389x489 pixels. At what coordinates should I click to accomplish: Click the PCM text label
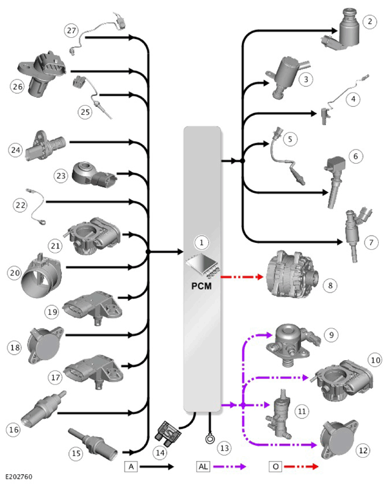pyautogui.click(x=202, y=286)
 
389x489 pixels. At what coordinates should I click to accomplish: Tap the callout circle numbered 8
pyautogui.click(x=330, y=285)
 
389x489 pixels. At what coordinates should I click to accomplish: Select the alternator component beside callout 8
pyautogui.click(x=292, y=274)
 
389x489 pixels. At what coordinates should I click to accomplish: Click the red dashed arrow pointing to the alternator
pyautogui.click(x=242, y=277)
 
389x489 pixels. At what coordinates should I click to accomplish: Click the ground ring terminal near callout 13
pyautogui.click(x=210, y=438)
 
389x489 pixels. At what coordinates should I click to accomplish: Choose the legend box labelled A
pyautogui.click(x=131, y=466)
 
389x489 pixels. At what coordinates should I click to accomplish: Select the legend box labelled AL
pyautogui.click(x=203, y=466)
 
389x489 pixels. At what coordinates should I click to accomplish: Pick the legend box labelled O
pyautogui.click(x=275, y=466)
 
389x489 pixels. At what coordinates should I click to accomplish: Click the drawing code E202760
pyautogui.click(x=19, y=477)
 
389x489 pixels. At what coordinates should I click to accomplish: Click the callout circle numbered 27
pyautogui.click(x=71, y=31)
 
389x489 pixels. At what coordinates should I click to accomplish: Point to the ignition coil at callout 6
pyautogui.click(x=335, y=181)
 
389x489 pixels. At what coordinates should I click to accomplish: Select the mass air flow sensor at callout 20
pyautogui.click(x=41, y=276)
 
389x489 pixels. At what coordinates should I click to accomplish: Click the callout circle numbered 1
pyautogui.click(x=202, y=242)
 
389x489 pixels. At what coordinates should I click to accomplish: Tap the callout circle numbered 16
pyautogui.click(x=13, y=429)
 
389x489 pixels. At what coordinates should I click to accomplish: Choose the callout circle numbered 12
pyautogui.click(x=363, y=450)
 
